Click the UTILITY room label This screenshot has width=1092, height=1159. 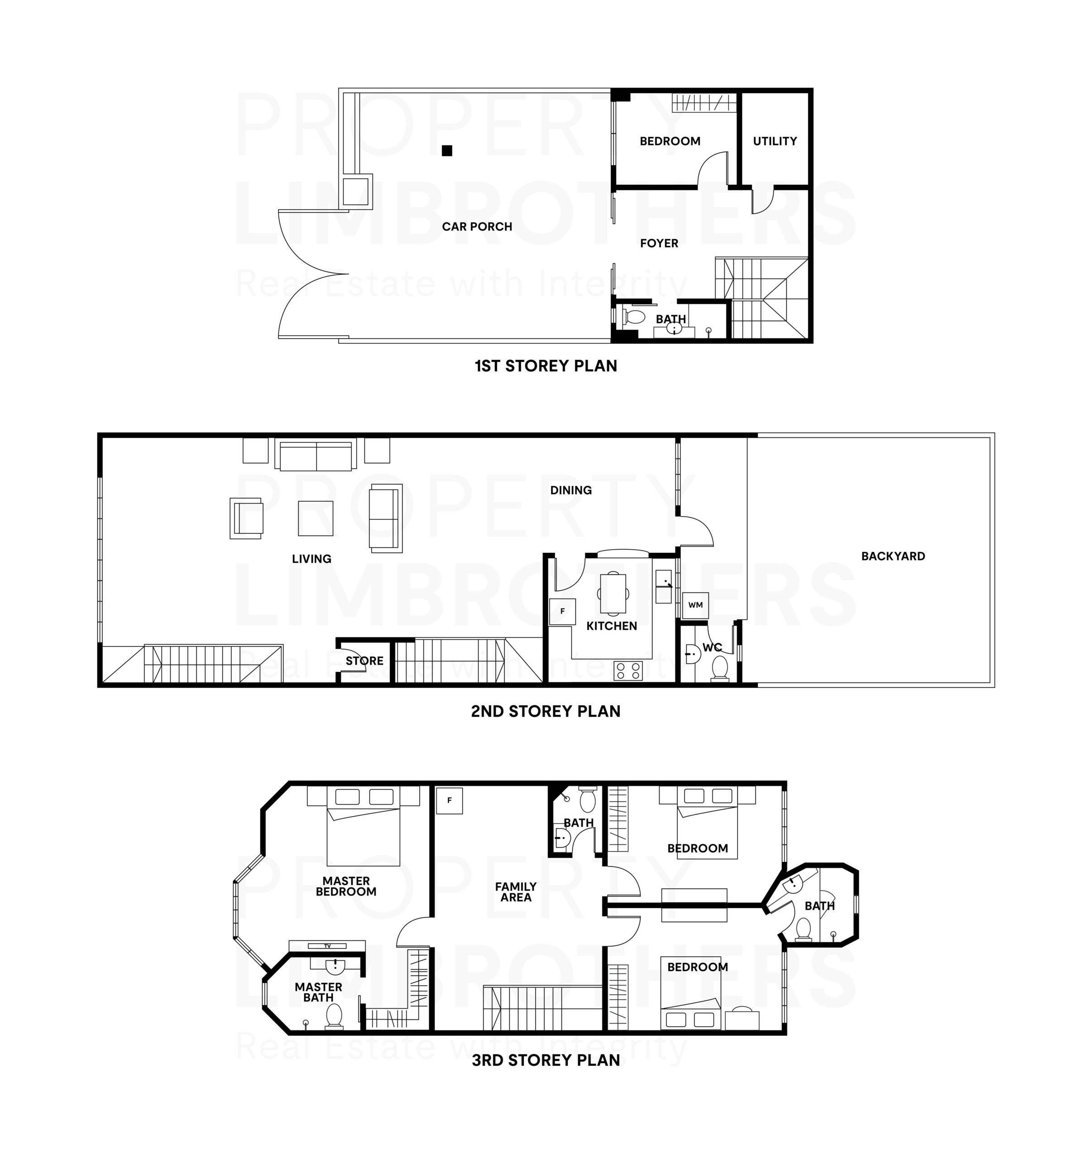coord(774,141)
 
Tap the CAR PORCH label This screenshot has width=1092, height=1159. coord(477,227)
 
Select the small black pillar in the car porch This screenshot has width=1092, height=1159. coord(447,150)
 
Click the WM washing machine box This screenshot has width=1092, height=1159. coord(695,604)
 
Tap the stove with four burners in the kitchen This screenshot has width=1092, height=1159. coord(628,671)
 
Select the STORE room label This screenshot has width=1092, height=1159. coord(364,661)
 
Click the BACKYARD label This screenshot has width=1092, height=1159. coord(893,556)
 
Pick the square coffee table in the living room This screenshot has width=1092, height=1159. coord(316,518)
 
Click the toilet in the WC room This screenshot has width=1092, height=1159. coord(720,668)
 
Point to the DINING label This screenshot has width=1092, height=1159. coord(571,490)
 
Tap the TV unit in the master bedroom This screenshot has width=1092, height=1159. coord(327,946)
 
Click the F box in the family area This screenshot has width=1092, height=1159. coord(450,800)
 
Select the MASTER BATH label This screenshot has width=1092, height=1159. coord(318,992)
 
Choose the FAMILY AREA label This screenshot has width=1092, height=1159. coord(516,892)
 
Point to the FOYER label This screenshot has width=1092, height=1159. coord(659,243)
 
